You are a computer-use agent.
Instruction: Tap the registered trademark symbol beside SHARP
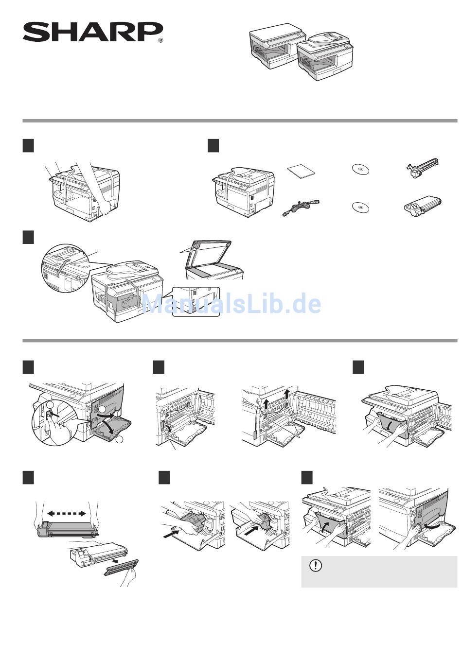tap(160, 41)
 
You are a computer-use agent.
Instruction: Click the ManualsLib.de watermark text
tap(231, 304)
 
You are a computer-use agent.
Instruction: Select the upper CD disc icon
tap(360, 170)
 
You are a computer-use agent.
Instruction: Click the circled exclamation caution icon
tap(316, 566)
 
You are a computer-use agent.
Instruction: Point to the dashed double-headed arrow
tap(67, 513)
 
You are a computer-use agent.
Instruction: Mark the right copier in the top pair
tap(324, 56)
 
